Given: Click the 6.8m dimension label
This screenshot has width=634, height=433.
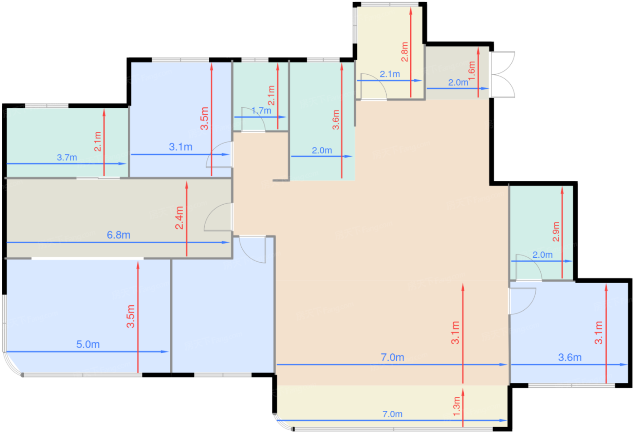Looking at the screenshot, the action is (x=118, y=235).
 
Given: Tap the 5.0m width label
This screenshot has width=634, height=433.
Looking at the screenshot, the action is (x=88, y=344).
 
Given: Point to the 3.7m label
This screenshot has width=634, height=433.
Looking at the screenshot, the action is (x=67, y=157).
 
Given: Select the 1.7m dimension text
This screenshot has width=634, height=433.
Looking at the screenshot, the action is (x=261, y=111).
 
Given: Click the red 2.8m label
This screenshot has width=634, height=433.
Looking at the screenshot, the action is (x=405, y=52).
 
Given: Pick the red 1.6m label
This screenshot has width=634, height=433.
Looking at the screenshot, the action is (x=471, y=71).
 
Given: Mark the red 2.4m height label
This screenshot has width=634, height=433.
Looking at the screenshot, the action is (x=179, y=218).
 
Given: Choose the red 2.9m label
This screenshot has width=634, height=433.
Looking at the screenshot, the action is (x=556, y=231).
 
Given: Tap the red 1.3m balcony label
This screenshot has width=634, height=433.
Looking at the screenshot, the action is (x=456, y=407).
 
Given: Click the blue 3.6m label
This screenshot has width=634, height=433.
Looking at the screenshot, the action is (x=570, y=357).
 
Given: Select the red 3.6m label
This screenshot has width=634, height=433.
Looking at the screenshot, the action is (x=336, y=120).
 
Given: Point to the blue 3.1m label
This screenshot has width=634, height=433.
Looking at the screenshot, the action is (x=181, y=147).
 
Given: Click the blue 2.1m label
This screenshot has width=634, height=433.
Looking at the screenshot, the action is (x=390, y=74).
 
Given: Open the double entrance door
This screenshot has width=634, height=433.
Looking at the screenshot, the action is (x=503, y=75).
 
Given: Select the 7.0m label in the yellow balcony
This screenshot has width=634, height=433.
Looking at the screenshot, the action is (x=392, y=414).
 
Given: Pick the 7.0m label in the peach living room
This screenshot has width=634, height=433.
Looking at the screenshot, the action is (x=392, y=357).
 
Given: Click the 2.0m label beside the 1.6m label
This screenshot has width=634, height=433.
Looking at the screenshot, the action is (x=458, y=82).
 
